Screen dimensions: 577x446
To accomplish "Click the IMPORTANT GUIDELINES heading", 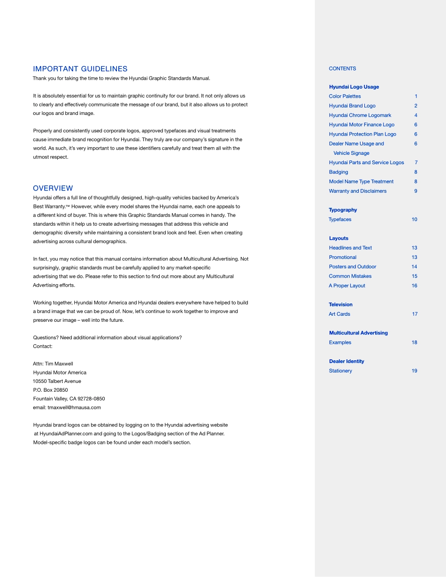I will (80, 69).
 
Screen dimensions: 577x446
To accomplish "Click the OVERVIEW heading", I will (53, 188).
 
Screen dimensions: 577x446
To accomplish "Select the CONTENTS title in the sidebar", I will (342, 68).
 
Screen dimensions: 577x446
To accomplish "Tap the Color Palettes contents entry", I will (345, 96).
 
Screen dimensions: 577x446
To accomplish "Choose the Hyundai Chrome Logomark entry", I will (360, 115).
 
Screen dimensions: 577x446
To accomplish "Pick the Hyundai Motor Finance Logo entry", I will (361, 125).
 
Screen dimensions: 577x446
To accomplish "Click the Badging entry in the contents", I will (338, 172).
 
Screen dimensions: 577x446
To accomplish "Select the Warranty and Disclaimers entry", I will (357, 191).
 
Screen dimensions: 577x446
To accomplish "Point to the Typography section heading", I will (343, 210).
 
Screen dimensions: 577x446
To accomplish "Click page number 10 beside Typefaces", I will (414, 220).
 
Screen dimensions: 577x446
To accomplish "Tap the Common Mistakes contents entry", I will (350, 276).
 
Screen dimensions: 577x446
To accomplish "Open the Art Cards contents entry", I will (339, 314).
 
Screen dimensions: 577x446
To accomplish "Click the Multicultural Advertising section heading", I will (358, 333).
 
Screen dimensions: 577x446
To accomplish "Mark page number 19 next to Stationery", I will (414, 371).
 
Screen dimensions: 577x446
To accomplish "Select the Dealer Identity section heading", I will (346, 361).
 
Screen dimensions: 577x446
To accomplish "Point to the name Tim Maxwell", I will (59, 364).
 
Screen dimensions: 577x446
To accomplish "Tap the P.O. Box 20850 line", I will (50, 390).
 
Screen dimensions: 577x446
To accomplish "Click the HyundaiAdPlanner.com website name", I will (66, 433).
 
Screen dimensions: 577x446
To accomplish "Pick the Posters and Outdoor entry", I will (352, 267).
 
